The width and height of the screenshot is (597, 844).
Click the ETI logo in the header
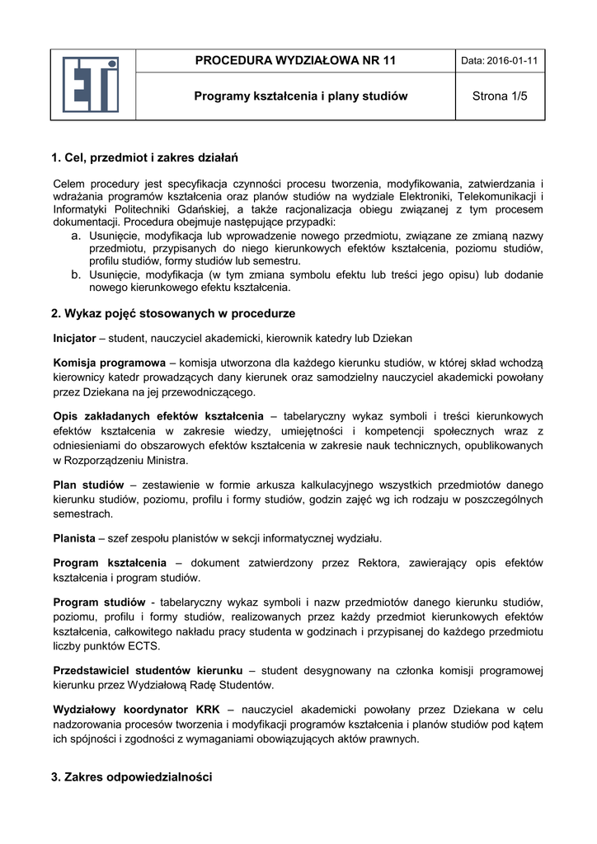92,84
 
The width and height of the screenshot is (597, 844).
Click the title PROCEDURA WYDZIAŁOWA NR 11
295,60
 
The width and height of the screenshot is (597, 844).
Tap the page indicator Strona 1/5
500,96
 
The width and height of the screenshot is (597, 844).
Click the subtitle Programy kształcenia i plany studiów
301,96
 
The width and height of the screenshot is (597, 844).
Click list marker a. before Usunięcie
75,237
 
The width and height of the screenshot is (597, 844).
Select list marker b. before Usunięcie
75,275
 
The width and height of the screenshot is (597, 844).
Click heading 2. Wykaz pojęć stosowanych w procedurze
173,314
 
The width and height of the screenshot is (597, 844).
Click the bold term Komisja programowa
110,363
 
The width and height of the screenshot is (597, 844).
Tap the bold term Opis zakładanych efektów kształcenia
158,415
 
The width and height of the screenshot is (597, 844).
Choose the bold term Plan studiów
88,484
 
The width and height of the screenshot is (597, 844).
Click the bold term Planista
73,538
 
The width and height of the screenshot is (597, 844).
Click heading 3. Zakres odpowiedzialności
132,776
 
